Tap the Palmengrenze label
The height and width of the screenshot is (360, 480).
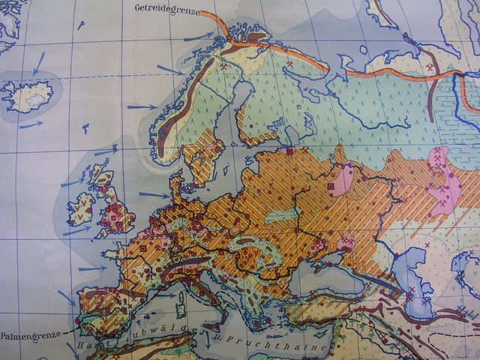[30, 336]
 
